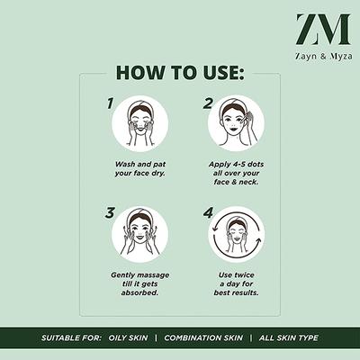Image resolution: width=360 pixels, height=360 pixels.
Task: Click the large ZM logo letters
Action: tap(322, 29)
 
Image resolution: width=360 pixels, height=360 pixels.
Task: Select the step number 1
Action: tap(111, 103)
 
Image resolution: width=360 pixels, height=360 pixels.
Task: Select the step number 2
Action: tap(208, 103)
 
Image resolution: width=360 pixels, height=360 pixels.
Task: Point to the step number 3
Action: tap(111, 213)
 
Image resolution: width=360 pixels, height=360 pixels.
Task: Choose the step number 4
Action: tap(208, 213)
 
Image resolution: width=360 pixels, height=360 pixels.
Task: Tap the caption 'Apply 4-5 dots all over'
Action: tap(237, 175)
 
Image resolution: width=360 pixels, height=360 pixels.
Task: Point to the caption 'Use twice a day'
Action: tap(237, 283)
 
